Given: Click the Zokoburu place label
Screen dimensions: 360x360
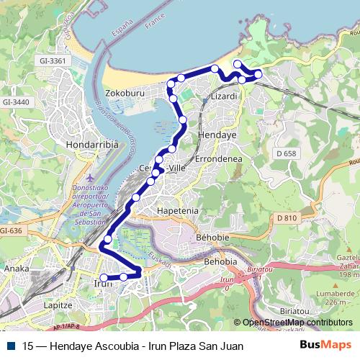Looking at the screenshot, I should pos(126,94).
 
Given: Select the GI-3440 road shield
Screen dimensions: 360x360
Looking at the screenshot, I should pos(17,102).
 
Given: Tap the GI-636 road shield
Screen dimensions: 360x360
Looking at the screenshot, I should pos(12,230).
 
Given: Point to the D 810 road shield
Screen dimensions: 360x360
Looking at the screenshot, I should pos(286,217).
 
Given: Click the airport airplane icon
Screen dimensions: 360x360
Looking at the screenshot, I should pos(89,178).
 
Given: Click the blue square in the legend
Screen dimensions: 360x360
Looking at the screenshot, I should pos(10,346).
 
